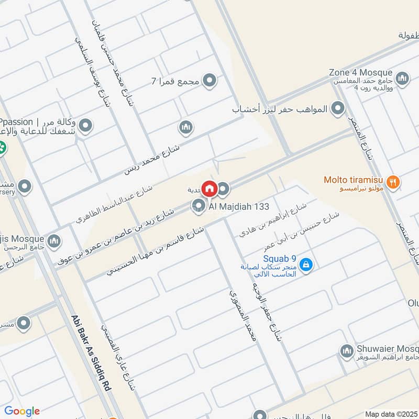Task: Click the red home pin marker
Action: [210, 188]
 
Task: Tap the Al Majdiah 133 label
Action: [239, 206]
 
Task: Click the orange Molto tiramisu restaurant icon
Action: [395, 182]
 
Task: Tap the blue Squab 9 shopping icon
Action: [306, 265]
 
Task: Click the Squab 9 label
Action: [280, 258]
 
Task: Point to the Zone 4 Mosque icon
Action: [402, 79]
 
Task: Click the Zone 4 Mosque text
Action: [360, 72]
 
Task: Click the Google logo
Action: [22, 411]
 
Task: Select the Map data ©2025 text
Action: [391, 414]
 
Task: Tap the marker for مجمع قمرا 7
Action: [210, 81]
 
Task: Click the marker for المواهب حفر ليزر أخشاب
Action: [339, 109]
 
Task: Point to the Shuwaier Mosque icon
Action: [346, 350]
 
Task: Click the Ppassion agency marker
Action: [86, 126]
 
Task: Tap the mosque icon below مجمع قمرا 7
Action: [186, 127]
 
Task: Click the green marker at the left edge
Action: [2, 147]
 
